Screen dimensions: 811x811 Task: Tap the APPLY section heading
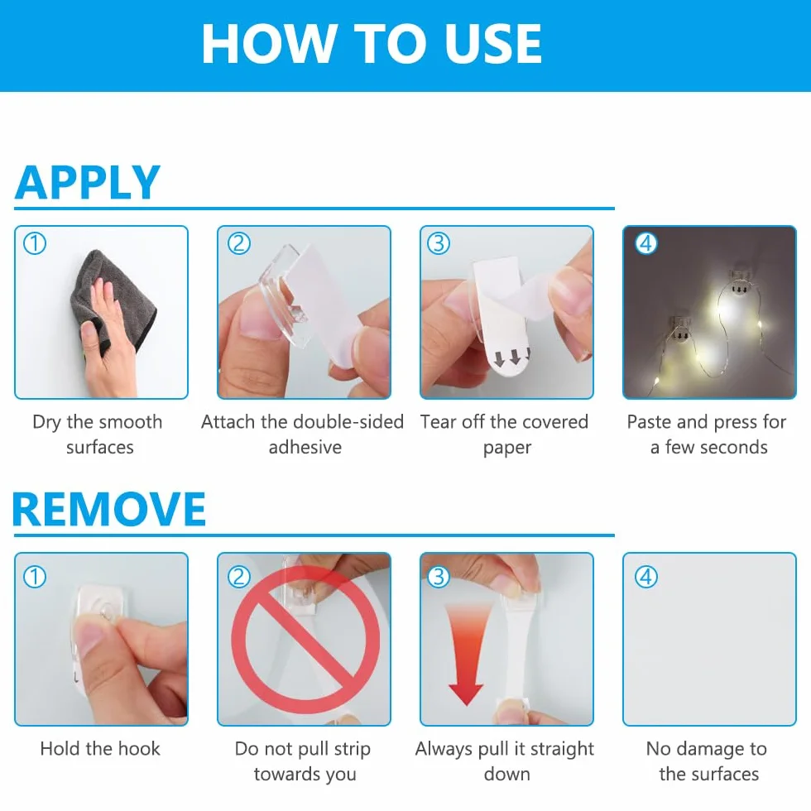pos(88,182)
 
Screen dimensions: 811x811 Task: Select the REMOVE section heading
pos(109,509)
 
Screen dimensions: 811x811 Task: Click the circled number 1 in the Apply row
pos(35,243)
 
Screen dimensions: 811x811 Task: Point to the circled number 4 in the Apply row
pos(645,243)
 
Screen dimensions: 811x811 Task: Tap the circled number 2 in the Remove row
pos(239,576)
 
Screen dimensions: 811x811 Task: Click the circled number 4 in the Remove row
pos(645,576)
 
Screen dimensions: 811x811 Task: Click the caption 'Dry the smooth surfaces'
pos(98,434)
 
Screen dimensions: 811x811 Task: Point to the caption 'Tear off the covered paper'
pos(505,434)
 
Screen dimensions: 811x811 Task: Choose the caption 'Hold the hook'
pos(100,748)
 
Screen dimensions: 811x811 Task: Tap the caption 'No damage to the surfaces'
pos(708,761)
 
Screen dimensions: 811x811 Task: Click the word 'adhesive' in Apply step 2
pos(305,447)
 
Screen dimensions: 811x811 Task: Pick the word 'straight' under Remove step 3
pos(562,750)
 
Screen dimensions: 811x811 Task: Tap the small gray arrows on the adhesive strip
pos(512,358)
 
